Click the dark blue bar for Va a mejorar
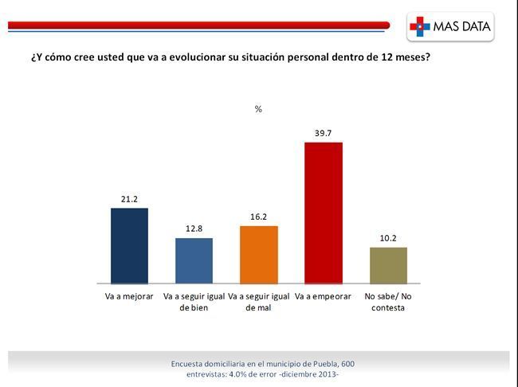(129, 246)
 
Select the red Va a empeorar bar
(324, 213)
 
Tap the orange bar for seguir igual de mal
(259, 255)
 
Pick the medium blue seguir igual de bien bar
(194, 260)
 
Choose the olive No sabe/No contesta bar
(388, 265)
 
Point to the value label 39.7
(323, 134)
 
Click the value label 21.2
(129, 199)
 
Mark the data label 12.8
(194, 229)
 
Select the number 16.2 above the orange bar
(259, 217)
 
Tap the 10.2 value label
(388, 238)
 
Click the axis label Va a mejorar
(129, 296)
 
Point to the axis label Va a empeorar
(323, 296)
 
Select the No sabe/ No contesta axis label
(388, 302)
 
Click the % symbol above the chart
(258, 109)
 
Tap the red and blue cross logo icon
(419, 26)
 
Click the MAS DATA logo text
(462, 26)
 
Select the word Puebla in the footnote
(325, 364)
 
